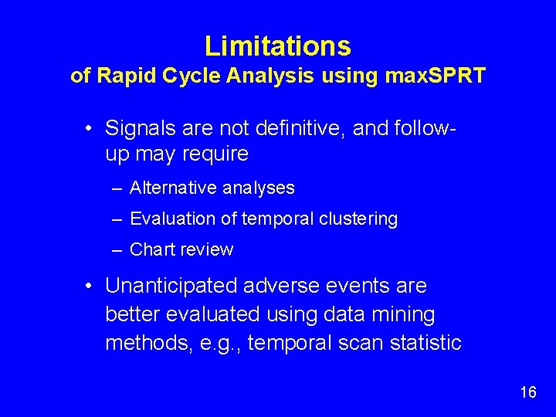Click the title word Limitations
[277, 46]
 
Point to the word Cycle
[171, 76]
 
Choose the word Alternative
[172, 188]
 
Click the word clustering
[355, 219]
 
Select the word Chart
[152, 249]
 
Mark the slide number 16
[528, 392]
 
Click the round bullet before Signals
[90, 127]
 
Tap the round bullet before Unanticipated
[90, 286]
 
